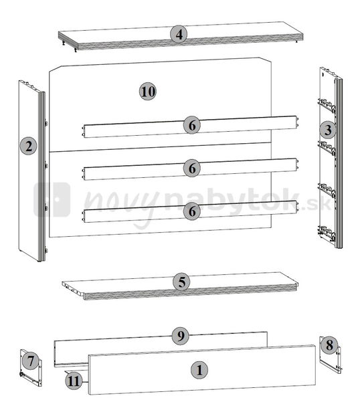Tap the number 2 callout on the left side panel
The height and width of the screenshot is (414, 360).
tap(27, 145)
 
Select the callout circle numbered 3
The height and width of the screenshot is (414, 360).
tap(327, 130)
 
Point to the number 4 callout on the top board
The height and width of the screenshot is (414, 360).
tap(178, 34)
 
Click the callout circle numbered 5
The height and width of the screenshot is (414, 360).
tap(181, 282)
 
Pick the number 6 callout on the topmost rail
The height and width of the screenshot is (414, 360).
tap(192, 124)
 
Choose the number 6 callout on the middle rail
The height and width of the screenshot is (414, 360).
tap(192, 168)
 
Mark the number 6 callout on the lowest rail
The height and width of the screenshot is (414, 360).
tap(192, 211)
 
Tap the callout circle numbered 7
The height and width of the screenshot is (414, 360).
tap(29, 361)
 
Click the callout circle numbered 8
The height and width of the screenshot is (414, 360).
tap(328, 346)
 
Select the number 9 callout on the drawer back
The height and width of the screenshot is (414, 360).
tap(179, 336)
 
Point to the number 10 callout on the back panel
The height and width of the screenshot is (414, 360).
tap(147, 91)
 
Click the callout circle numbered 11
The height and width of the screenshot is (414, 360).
tap(74, 381)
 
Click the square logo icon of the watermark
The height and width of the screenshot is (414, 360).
tap(52, 199)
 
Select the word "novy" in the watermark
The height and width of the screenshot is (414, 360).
tap(114, 202)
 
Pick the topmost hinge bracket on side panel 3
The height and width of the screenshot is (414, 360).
tap(326, 104)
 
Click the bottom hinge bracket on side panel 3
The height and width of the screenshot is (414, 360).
tap(326, 233)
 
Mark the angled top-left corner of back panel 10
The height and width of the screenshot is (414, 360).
tap(55, 69)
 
